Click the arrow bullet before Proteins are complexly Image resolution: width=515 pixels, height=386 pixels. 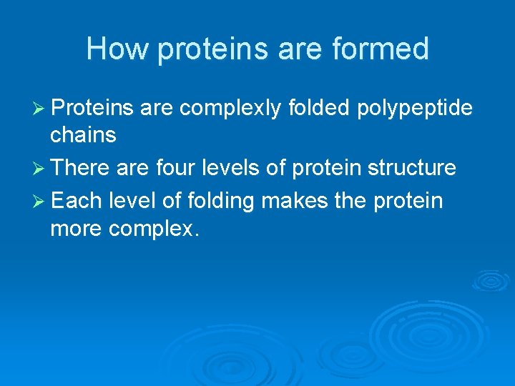[41, 108]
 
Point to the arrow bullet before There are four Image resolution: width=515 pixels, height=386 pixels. [41, 169]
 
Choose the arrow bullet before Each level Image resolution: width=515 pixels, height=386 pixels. [41, 201]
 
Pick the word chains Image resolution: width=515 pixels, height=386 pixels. [83, 134]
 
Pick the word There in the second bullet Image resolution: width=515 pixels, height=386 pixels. [82, 169]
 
